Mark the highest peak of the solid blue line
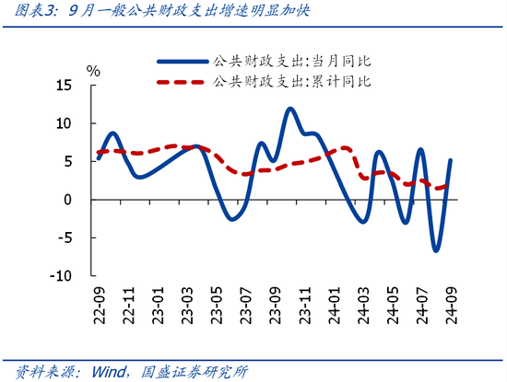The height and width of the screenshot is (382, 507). (x=290, y=109)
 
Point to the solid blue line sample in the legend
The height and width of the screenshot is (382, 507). (x=182, y=62)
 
